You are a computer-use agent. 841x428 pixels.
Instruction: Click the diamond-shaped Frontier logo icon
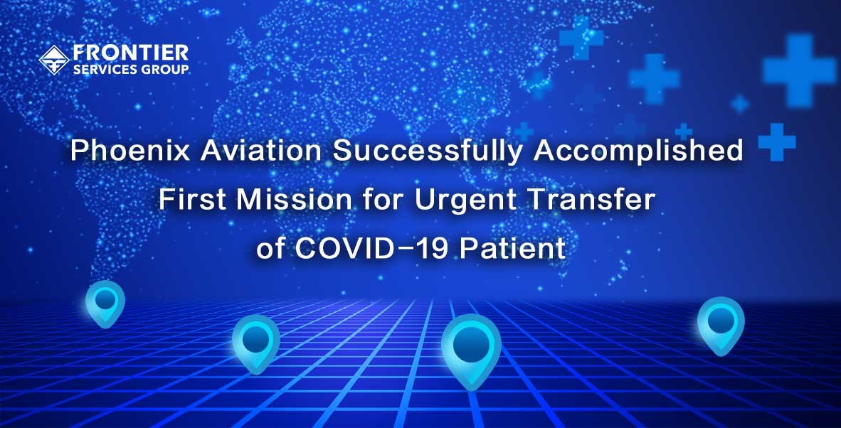click(54, 60)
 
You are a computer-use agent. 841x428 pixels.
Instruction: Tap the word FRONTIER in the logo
click(131, 53)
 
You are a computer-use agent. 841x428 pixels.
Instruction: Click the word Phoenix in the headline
click(130, 152)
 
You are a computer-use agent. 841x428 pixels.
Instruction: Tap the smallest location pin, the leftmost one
click(105, 304)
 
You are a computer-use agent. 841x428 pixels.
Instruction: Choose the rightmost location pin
click(720, 325)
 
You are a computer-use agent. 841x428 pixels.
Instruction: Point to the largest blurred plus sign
click(799, 70)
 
